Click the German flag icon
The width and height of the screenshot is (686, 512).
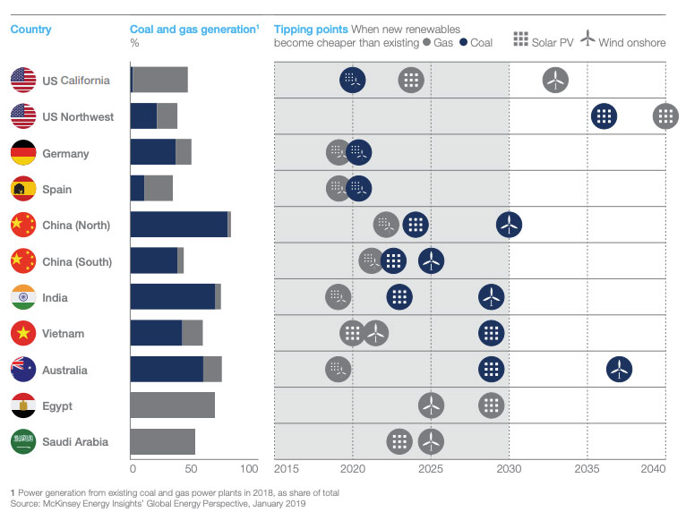[22, 153]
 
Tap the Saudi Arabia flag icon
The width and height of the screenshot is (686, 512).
[22, 441]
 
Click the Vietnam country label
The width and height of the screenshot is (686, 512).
[63, 334]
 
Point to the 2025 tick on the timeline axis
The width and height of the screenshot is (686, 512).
[431, 468]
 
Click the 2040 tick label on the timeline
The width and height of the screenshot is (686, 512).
[653, 468]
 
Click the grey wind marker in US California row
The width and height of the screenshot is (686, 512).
[555, 81]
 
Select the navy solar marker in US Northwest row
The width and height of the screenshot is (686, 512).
[605, 116]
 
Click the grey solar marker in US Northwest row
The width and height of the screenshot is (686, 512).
[665, 116]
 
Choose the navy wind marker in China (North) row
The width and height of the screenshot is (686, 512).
[509, 225]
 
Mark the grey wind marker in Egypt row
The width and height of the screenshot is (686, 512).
[431, 405]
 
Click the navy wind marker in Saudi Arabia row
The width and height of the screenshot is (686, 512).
[431, 441]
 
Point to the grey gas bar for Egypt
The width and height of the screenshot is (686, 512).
[173, 405]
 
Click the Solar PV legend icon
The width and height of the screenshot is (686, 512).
[519, 38]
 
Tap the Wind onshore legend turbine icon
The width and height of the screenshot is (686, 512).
[587, 38]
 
